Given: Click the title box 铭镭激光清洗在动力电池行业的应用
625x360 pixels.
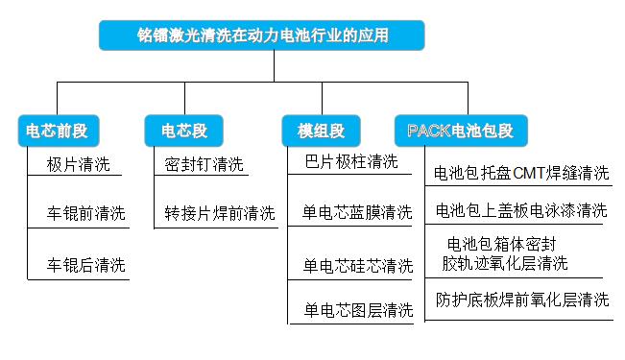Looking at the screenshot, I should click(x=262, y=36).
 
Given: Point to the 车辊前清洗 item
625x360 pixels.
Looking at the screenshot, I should click(x=85, y=213).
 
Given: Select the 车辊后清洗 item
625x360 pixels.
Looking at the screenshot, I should click(x=85, y=264).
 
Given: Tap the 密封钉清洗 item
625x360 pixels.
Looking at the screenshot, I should click(x=204, y=164).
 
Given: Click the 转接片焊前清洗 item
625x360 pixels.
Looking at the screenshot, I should click(x=219, y=213).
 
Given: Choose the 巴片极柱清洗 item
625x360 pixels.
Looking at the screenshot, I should click(x=350, y=161).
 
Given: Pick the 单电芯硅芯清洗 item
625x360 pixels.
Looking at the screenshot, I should click(x=357, y=265).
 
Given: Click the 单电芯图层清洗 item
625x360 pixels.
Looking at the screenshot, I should click(x=357, y=310).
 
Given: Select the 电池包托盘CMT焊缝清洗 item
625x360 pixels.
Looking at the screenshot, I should click(x=521, y=174).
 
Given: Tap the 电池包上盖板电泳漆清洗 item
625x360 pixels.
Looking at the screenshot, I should click(x=521, y=210).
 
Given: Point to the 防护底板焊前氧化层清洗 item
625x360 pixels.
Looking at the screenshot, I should click(x=521, y=300).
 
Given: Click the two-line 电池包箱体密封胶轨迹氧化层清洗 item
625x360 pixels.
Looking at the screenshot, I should click(x=504, y=253).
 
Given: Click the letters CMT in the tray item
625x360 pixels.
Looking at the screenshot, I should click(x=529, y=174).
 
